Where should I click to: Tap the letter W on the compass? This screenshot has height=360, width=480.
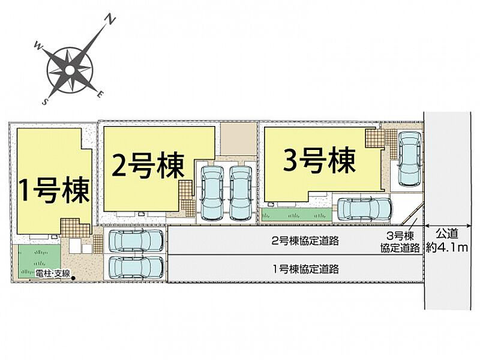click(38, 44)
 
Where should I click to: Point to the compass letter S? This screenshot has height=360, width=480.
click(46, 102)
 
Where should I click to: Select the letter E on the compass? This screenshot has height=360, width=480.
click(101, 94)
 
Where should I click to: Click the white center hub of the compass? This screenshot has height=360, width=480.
click(70, 70)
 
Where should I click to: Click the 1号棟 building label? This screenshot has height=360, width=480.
click(55, 190)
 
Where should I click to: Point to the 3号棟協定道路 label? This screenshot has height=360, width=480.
click(400, 242)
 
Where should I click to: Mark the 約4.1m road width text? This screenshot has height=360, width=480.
click(446, 248)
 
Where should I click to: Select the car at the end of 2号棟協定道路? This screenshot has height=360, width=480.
click(136, 241)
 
